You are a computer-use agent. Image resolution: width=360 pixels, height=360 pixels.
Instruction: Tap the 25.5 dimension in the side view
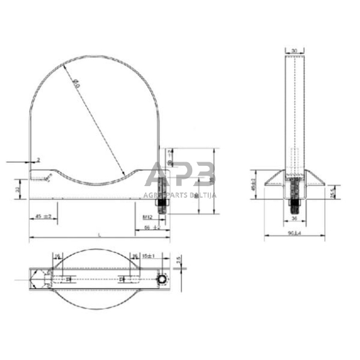tap(331, 193)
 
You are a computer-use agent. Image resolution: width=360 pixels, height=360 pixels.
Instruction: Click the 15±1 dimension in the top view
tap(146, 256)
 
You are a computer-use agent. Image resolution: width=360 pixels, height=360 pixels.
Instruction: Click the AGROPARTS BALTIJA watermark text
tap(178, 194)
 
